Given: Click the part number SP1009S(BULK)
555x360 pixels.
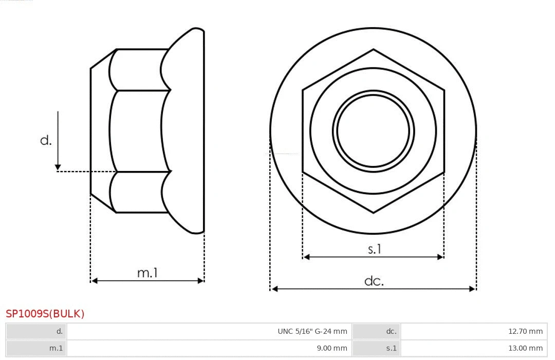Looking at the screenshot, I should coord(45,314).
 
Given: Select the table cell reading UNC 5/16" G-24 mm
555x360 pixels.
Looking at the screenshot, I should coord(312,331).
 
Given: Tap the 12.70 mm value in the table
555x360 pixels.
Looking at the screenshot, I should coord(525,331).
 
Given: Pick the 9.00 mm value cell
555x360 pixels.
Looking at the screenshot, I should coord(331,348).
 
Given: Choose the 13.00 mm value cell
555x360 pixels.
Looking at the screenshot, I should coord(525,348).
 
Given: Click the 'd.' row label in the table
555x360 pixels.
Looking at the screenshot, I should coord(59,331).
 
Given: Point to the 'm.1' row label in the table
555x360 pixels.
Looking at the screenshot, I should coord(56,348).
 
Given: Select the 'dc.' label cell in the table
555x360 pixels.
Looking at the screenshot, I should coord(391,331).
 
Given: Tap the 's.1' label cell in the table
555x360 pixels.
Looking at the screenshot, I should coord(391,348).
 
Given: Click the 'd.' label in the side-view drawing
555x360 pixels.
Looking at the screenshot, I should coord(46,140).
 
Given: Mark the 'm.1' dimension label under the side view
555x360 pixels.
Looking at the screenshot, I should coord(147,273).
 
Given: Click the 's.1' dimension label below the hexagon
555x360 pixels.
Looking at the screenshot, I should coord(375,249).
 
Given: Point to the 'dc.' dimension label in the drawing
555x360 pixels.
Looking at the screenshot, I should coord(374,281).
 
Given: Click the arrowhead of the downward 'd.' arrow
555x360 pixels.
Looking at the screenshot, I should coord(58,167).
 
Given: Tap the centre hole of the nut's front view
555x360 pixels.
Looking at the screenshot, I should coord(373,130).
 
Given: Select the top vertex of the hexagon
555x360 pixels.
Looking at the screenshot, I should coord(373,49).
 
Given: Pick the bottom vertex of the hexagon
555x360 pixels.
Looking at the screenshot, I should coord(373,212).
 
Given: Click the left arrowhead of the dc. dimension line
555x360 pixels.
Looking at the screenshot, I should coord(274,289).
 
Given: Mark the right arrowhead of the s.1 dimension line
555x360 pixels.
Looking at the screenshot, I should coord(440,257).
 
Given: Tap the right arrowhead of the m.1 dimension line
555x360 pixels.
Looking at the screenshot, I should coord(200,280).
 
